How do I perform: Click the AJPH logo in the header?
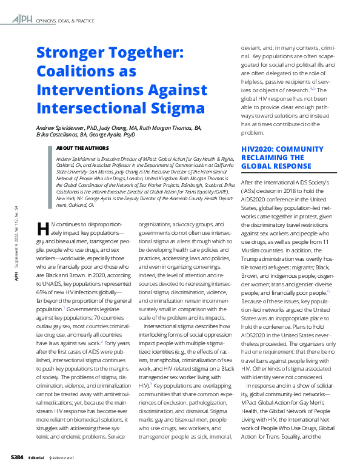click(x=24, y=20)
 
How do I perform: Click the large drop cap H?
click(x=42, y=229)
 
